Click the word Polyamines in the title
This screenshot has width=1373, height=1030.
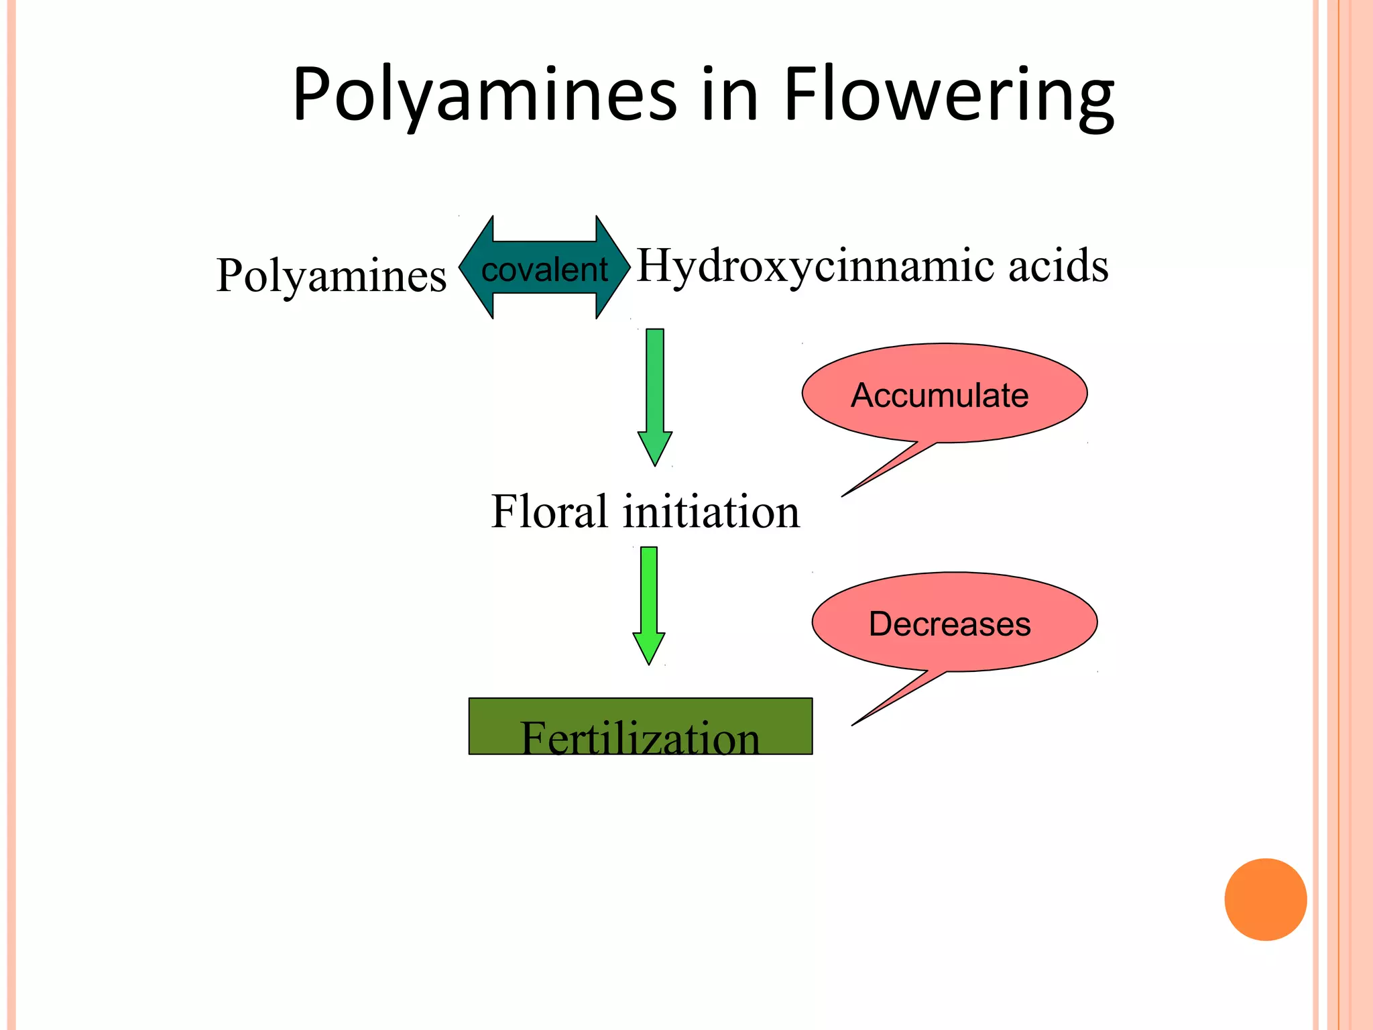pos(484,95)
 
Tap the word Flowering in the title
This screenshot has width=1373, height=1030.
pos(948,95)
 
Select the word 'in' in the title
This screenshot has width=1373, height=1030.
pos(730,95)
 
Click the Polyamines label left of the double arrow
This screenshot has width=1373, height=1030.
pos(331,276)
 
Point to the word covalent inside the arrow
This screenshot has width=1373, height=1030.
pos(544,270)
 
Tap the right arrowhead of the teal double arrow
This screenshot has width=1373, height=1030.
pos(613,267)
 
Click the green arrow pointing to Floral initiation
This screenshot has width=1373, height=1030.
pos(655,396)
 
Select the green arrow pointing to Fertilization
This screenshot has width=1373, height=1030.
pos(649,604)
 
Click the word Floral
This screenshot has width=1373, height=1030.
pos(549,512)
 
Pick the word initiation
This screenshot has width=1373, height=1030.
pos(711,512)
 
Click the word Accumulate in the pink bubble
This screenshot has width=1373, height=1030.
pos(940,395)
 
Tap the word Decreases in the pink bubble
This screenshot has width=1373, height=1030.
pos(949,624)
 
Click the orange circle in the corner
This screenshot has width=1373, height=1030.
pos(1265,899)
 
